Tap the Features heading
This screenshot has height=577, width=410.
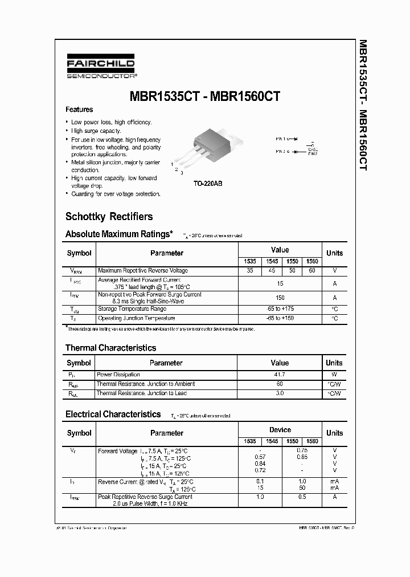tap(79, 109)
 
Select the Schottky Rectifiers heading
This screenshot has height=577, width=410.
tap(109, 217)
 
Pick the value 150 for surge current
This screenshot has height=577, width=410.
tap(280, 298)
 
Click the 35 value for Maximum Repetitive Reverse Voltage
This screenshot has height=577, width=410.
tap(250, 271)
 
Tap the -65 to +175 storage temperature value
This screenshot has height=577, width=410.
tap(280, 308)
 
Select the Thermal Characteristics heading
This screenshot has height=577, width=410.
tap(110, 348)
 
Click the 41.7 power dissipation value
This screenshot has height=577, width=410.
tap(280, 375)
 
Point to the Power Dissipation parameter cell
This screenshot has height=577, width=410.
tap(118, 375)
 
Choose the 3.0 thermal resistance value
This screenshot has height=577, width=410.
tap(280, 393)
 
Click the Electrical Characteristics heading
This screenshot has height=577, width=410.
tap(113, 415)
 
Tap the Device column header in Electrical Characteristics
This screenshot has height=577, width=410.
tap(280, 430)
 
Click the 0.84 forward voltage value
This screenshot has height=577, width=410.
tap(260, 465)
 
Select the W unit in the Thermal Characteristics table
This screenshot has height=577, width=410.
tap(334, 375)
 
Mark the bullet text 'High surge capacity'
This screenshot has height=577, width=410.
tap(96, 131)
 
